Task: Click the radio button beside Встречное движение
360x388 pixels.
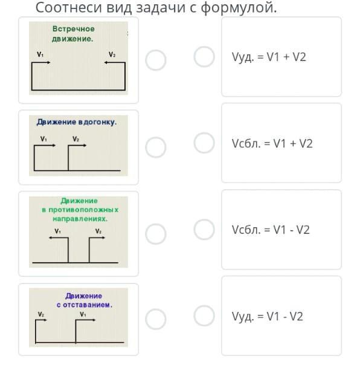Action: (x=155, y=60)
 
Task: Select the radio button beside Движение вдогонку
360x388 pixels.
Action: (x=155, y=147)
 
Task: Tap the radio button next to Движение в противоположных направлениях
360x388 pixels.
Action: (x=155, y=234)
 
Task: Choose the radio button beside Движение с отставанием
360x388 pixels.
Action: (x=155, y=319)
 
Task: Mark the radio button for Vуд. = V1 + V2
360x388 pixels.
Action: (x=204, y=57)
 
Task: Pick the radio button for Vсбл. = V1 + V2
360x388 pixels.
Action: (x=204, y=143)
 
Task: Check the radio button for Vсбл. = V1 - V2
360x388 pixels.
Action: (x=204, y=230)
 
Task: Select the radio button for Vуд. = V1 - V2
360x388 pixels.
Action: (x=204, y=315)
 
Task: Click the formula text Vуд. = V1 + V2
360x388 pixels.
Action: (x=269, y=57)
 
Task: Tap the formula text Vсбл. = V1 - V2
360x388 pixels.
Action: (x=271, y=230)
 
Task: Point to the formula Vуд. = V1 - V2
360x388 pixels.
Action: (x=267, y=317)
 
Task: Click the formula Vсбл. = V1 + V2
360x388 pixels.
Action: (x=272, y=143)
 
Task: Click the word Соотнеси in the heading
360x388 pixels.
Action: (x=69, y=7)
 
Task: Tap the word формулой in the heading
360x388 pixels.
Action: (x=239, y=8)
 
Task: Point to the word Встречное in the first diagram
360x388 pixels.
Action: (x=74, y=28)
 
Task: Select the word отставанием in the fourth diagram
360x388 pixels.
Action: (x=88, y=305)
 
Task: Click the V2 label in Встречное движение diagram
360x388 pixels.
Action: (x=112, y=54)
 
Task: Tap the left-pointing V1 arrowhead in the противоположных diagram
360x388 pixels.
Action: (x=51, y=238)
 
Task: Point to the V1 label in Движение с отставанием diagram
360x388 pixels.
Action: (x=83, y=314)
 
